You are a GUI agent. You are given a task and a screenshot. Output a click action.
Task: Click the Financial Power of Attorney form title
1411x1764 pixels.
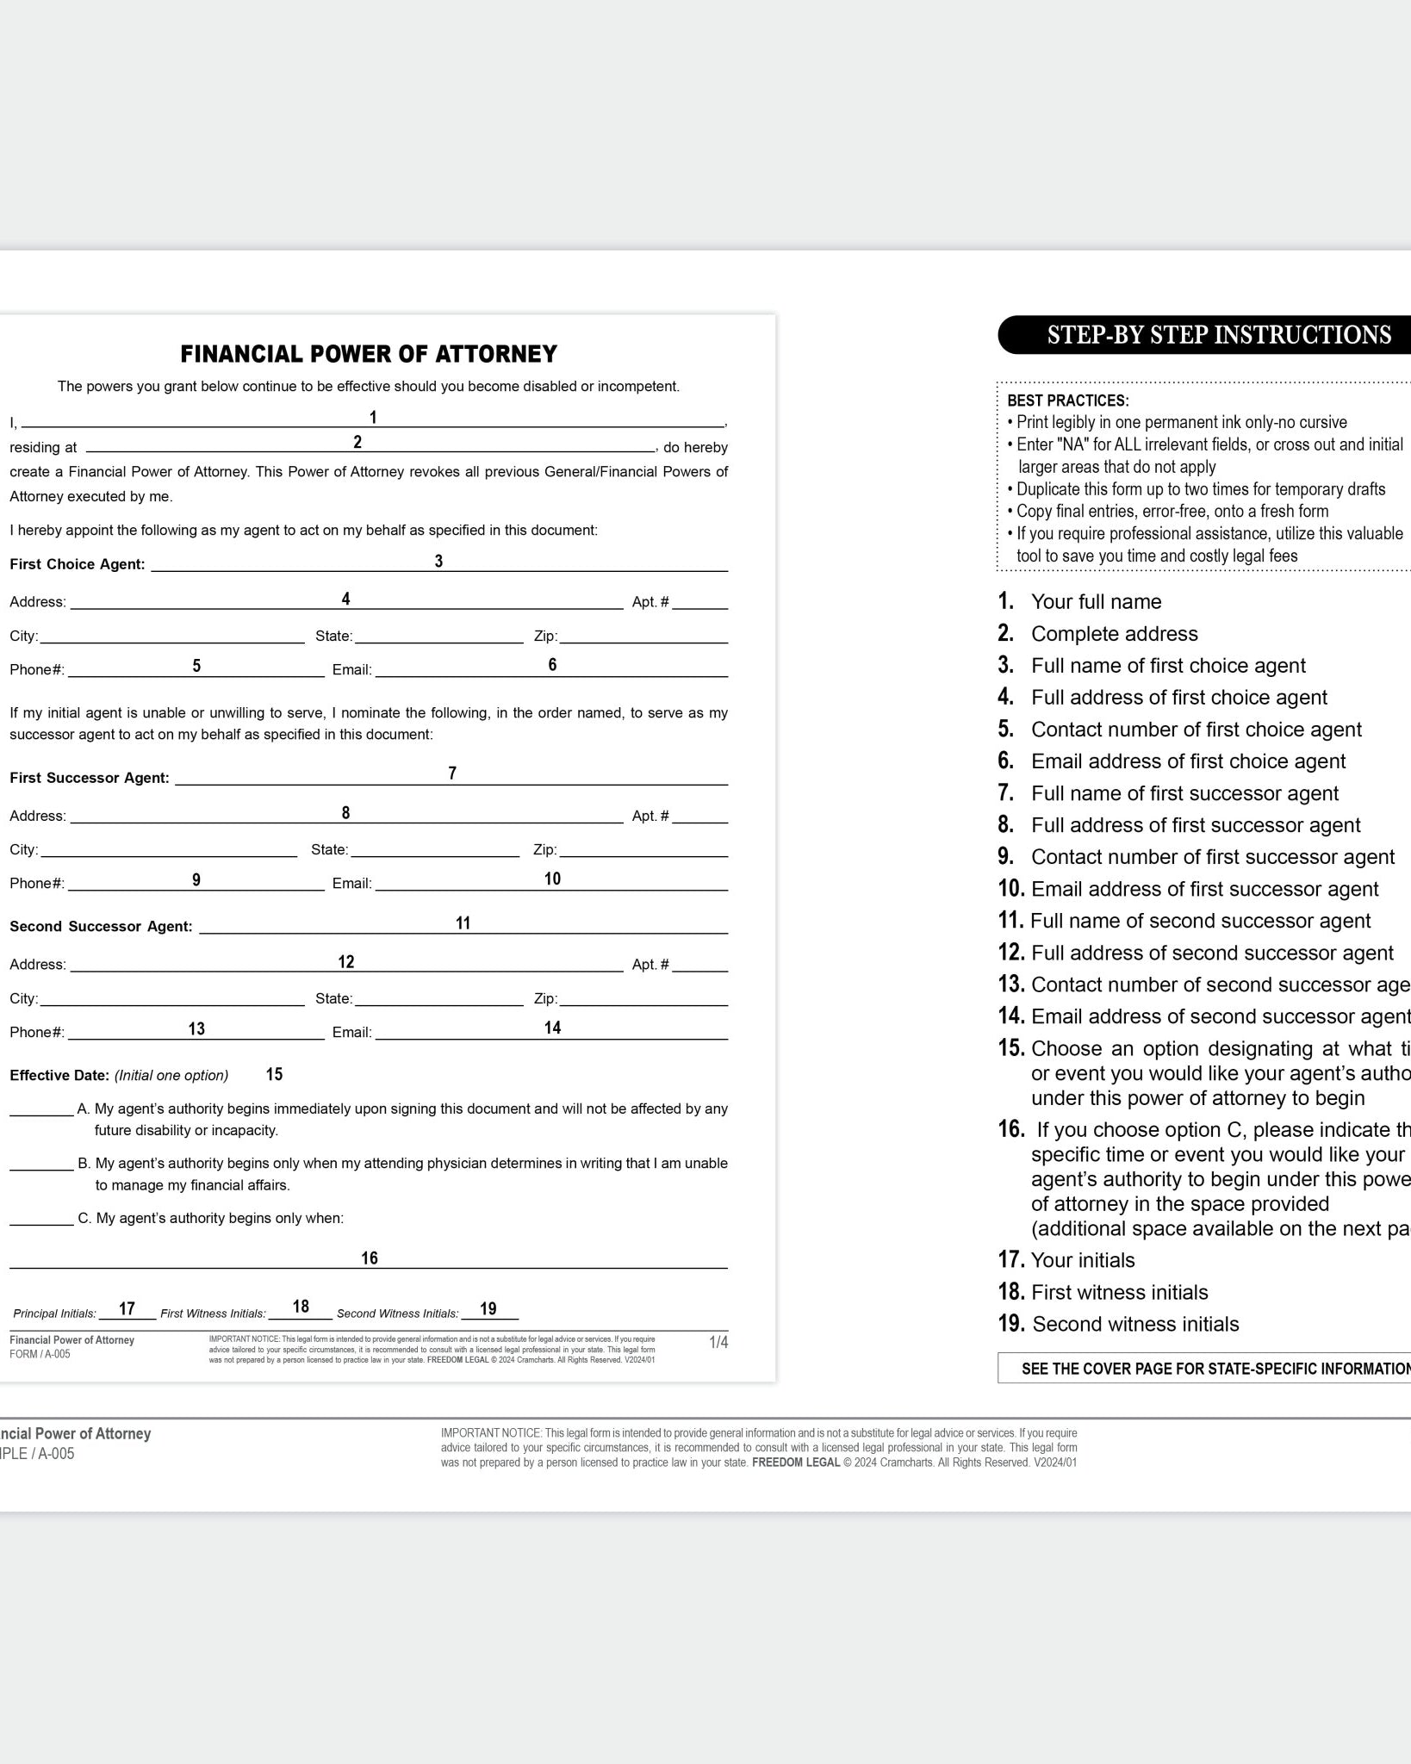369,354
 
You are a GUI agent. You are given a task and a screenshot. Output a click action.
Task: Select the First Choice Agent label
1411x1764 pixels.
78,564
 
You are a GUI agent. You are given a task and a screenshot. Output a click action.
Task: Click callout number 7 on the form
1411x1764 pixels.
452,773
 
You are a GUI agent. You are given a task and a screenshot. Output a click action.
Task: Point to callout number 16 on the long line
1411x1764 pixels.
370,1258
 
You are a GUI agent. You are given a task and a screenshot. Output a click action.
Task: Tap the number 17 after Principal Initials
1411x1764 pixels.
127,1309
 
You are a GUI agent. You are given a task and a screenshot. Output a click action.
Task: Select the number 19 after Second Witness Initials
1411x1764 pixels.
488,1309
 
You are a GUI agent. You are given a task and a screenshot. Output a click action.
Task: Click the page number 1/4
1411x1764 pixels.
718,1342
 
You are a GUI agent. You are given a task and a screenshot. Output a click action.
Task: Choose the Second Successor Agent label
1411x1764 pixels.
101,927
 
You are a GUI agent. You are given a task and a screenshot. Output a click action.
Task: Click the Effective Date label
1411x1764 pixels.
59,1075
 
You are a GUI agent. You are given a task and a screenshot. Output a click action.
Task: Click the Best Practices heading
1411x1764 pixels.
1068,401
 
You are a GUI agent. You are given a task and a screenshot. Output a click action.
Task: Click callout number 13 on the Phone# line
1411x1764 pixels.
196,1028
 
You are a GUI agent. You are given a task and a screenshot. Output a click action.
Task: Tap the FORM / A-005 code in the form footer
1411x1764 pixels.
40,1354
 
